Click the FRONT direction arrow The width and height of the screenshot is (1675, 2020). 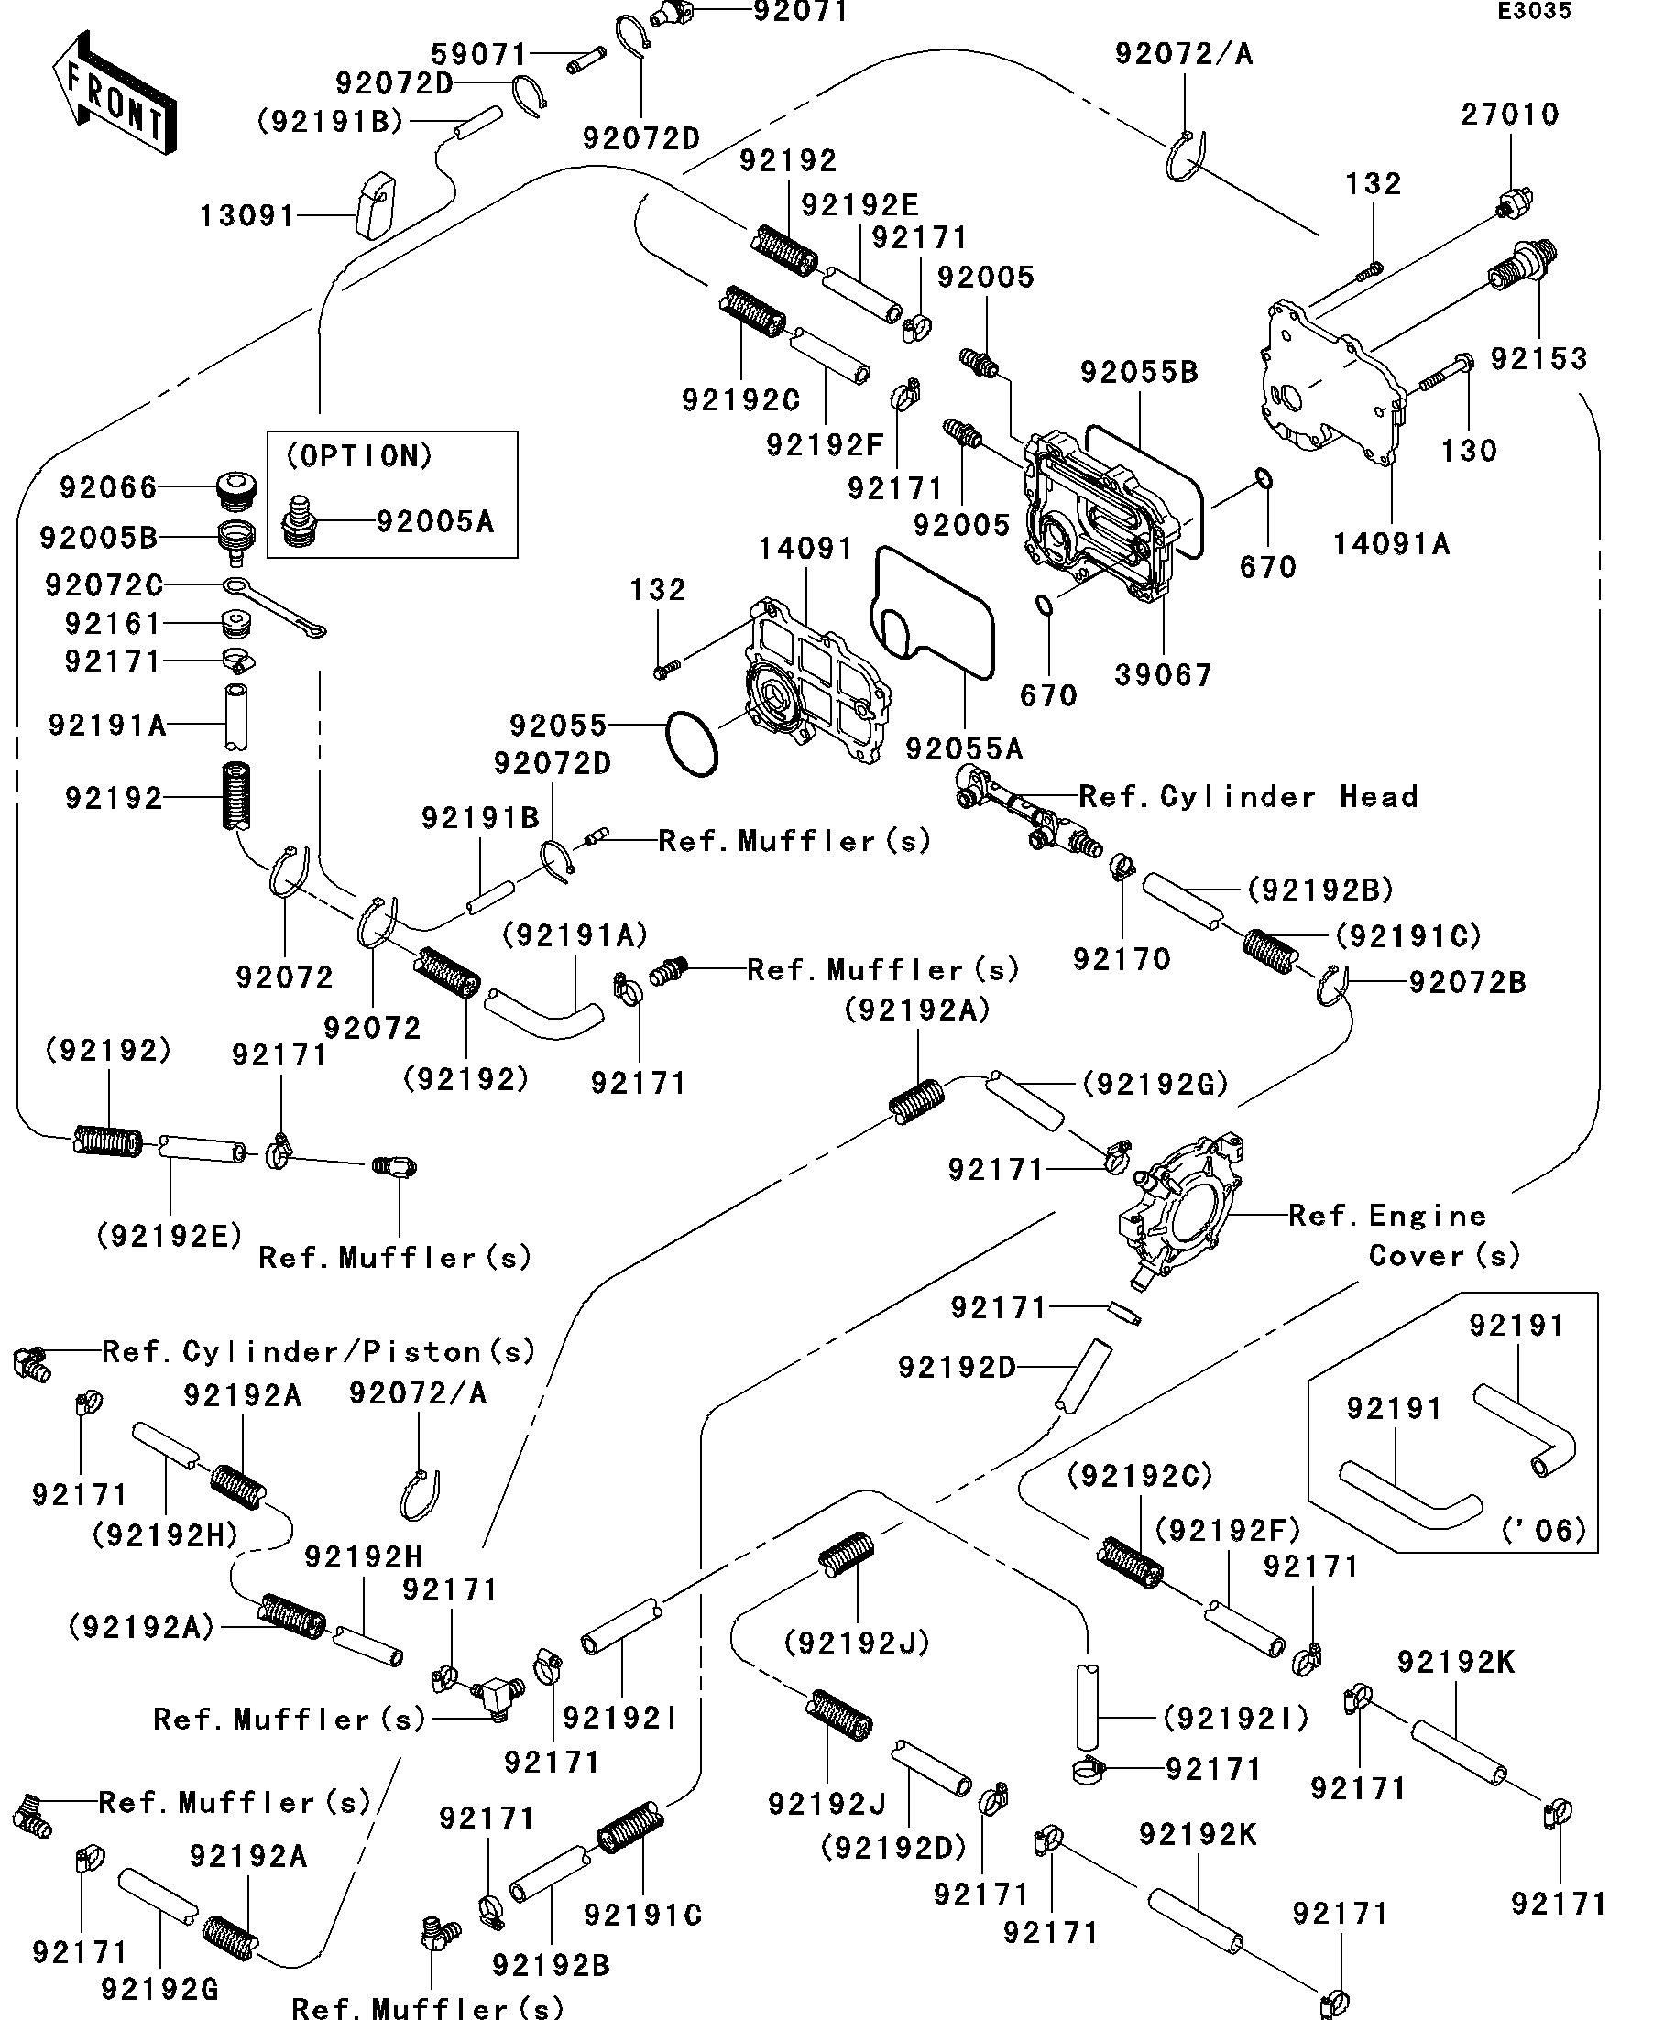[114, 94]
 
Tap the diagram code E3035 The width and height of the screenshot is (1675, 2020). [1534, 12]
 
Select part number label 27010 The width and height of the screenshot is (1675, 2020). [1508, 115]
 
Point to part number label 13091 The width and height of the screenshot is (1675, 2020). [246, 215]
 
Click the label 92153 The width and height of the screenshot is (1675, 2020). [1538, 359]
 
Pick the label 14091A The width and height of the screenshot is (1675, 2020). [1390, 544]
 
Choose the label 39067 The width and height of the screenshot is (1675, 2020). [1162, 675]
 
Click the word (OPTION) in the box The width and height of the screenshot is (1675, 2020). [360, 456]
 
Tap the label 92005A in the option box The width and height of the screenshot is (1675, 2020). [435, 521]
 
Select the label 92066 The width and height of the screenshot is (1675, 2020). [108, 487]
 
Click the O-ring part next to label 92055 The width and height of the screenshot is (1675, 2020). [692, 744]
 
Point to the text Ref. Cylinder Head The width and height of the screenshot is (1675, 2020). [1248, 796]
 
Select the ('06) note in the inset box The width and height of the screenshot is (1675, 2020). [1543, 1530]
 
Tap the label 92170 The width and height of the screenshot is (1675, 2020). [1121, 959]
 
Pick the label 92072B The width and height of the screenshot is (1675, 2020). [1467, 982]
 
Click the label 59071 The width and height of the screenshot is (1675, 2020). [478, 54]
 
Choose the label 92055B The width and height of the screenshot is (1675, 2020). [1139, 372]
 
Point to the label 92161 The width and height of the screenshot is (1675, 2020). [113, 623]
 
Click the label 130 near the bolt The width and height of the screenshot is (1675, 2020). [1468, 450]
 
